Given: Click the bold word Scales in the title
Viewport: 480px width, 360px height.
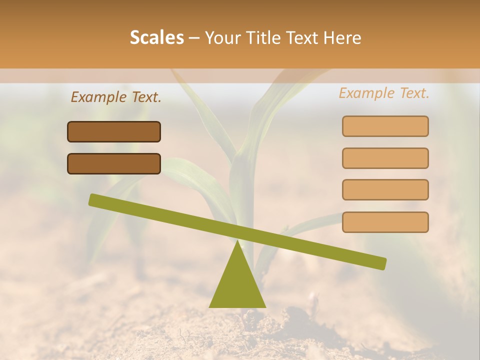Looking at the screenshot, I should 157,37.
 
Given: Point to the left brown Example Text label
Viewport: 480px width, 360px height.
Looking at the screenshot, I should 116,97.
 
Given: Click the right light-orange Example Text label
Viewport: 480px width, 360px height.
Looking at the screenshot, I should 384,93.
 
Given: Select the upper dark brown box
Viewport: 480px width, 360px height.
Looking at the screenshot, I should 114,131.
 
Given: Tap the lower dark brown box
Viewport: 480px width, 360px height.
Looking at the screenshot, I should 114,163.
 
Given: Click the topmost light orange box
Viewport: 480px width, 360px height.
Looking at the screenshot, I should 385,126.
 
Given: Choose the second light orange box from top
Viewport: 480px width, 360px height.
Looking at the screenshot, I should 385,158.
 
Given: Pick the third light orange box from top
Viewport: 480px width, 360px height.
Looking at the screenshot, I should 385,189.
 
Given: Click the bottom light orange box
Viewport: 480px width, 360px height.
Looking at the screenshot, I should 385,222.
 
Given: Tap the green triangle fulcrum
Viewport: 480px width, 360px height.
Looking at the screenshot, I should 237,285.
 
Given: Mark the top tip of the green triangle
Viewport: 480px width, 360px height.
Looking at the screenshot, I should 237,241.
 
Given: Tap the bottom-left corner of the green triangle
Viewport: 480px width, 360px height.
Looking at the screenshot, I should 210,306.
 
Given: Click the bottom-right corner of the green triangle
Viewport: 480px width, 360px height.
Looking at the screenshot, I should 265,306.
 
